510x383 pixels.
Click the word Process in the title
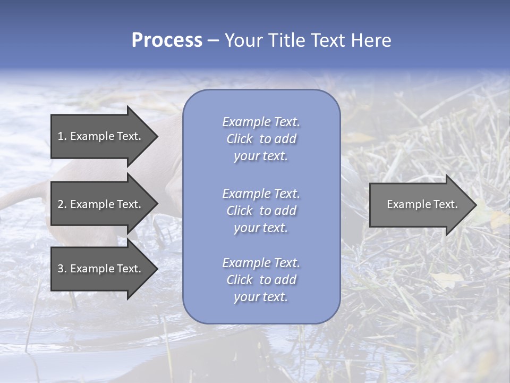point(167,40)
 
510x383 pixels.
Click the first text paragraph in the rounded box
point(261,139)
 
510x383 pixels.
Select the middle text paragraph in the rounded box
point(261,211)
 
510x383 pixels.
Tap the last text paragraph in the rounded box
point(261,280)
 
